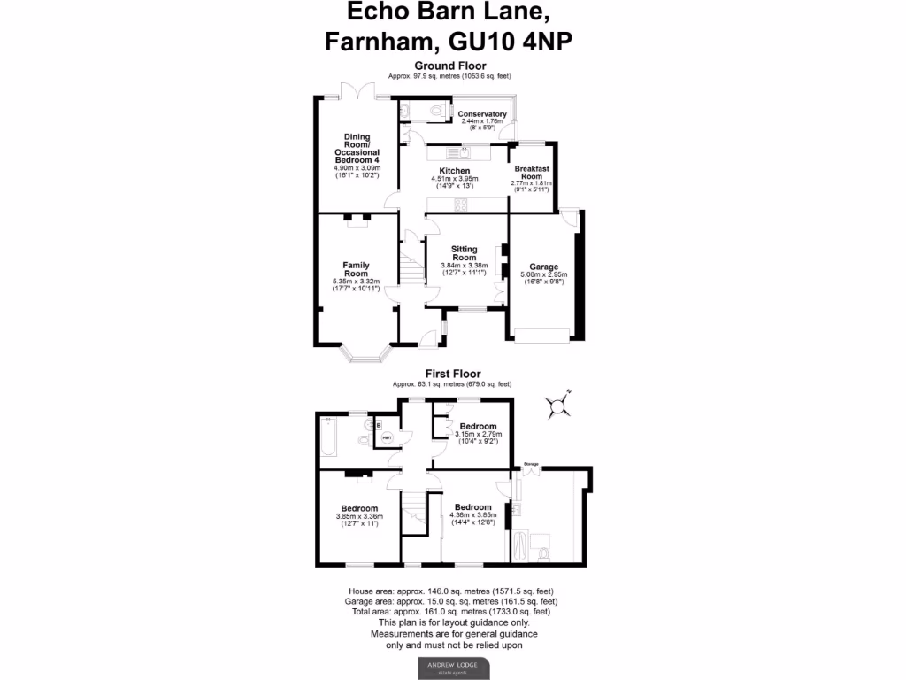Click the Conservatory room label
[x=481, y=113]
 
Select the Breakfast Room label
[x=530, y=173]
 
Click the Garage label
[x=543, y=267]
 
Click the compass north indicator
[x=558, y=405]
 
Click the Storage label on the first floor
[x=531, y=463]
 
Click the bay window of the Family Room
[x=365, y=357]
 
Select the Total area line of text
[x=449, y=611]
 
